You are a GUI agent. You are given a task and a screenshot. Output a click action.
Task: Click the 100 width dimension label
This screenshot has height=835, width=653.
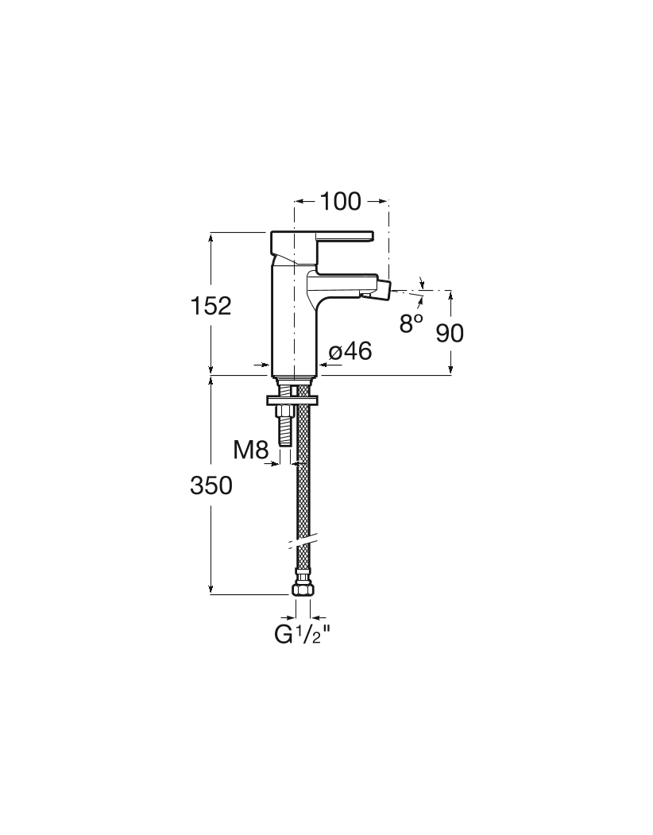tap(340, 201)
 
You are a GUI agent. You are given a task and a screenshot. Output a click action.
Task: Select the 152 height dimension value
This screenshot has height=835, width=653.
tap(211, 306)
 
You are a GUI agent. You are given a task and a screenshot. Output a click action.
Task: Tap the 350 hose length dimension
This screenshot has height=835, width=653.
tap(211, 485)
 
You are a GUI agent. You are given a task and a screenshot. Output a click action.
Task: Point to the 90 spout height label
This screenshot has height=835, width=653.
tap(450, 333)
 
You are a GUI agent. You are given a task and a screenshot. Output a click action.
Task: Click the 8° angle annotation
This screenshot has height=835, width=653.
tap(412, 323)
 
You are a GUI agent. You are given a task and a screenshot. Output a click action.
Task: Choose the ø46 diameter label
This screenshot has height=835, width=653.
tap(350, 351)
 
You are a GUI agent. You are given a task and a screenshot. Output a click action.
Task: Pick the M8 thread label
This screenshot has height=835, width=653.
tap(250, 450)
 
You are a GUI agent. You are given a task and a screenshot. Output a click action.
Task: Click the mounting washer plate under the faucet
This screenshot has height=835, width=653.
tap(292, 400)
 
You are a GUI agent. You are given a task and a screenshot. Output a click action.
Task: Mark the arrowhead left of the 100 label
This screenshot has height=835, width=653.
tap(299, 201)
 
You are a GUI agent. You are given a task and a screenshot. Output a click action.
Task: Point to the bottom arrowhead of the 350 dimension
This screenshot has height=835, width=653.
tap(211, 589)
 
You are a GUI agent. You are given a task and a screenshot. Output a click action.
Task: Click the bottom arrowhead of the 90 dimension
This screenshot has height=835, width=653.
tap(450, 369)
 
